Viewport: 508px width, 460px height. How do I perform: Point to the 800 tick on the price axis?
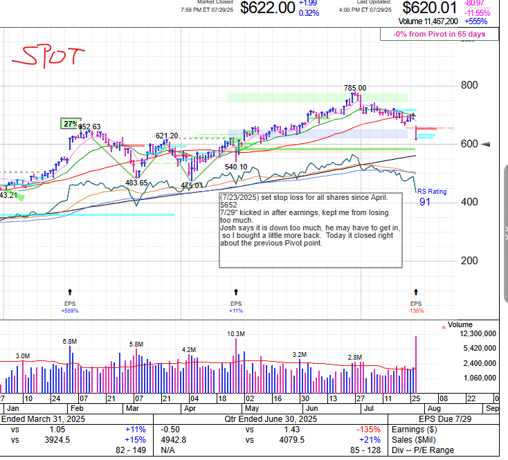click(470, 85)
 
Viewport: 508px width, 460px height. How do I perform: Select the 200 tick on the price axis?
click(470, 260)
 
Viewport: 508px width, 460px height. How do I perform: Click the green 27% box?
click(70, 124)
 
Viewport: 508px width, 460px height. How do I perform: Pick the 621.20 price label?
click(167, 136)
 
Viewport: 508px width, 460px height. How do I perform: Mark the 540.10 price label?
click(236, 167)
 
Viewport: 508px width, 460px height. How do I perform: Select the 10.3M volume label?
click(236, 333)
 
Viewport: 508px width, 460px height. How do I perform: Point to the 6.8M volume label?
click(70, 341)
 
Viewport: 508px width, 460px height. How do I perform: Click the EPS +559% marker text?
click(70, 311)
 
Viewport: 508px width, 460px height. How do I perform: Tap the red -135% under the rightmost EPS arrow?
click(415, 311)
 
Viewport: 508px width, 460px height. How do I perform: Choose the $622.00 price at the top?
click(267, 8)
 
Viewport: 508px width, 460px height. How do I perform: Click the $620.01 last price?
click(429, 8)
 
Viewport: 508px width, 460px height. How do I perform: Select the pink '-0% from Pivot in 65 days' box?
click(439, 34)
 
